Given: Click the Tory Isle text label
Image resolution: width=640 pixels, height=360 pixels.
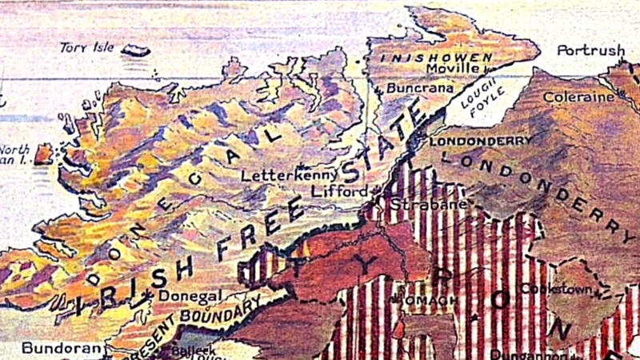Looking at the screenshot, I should pos(87,48).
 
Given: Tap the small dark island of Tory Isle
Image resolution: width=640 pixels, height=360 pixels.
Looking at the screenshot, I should pos(135,50).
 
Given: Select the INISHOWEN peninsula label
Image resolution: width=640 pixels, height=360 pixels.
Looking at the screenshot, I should pos(435,58).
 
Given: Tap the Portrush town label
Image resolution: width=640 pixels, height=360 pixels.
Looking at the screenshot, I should pos(591,50).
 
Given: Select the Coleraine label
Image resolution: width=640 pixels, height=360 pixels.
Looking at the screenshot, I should pos(578,98).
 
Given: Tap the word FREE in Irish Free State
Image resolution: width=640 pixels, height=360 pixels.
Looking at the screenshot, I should pos(265,232).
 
